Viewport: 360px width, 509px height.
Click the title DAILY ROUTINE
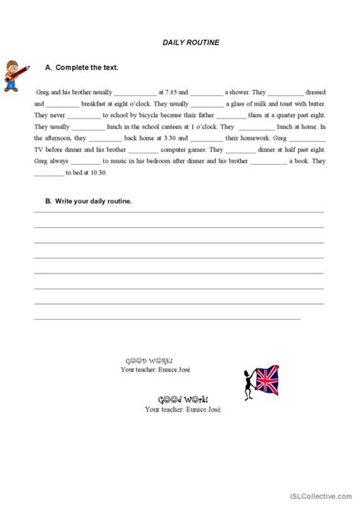tap(191, 43)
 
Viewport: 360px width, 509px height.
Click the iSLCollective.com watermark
tap(321, 501)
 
